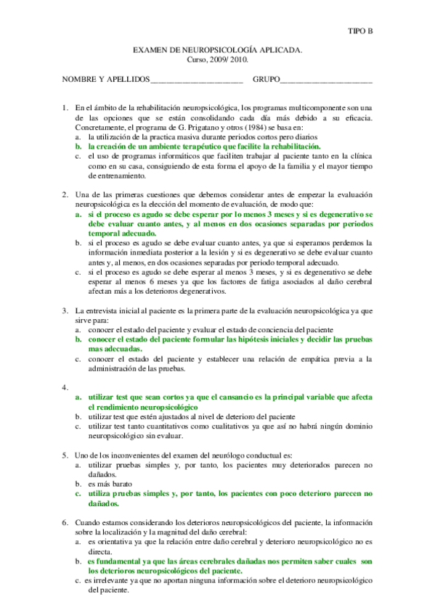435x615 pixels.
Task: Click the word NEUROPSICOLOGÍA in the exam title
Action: pyautogui.click(x=217, y=51)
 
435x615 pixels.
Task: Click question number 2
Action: pyautogui.click(x=65, y=194)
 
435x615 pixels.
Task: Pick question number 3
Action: pyautogui.click(x=65, y=310)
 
